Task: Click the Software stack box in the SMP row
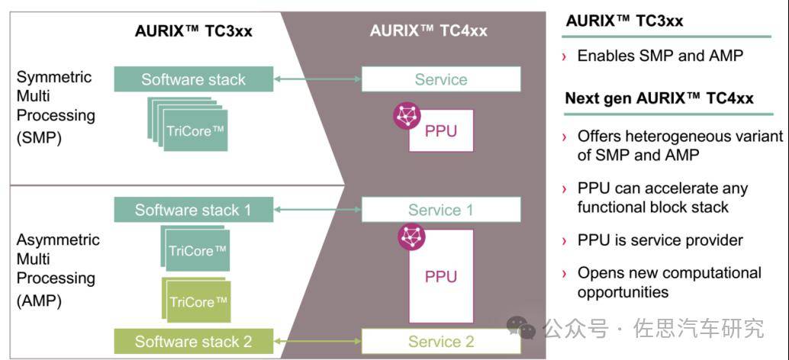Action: pos(194,79)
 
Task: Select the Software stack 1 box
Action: pos(194,210)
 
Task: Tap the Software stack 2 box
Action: pos(194,341)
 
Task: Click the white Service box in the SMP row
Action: pos(441,79)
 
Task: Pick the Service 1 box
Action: pos(441,210)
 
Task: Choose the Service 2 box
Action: pos(441,341)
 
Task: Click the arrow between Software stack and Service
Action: pos(317,79)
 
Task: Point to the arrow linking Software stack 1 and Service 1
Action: pos(317,210)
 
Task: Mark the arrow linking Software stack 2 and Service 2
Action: pos(317,341)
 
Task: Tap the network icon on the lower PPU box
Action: pos(411,237)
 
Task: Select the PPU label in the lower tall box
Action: pos(441,275)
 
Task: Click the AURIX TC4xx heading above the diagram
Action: pos(428,31)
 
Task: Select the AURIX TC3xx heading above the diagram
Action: pos(193,31)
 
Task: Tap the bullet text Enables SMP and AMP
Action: pos(660,56)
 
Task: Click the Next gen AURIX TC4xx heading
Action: pos(659,98)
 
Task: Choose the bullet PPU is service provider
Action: pos(660,240)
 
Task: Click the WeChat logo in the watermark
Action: pos(523,329)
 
